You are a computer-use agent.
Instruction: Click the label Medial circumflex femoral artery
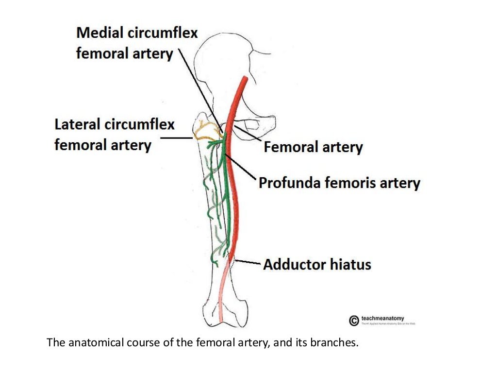[137, 43]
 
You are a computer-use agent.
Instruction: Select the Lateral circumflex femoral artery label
[114, 135]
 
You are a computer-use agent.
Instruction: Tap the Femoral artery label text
[313, 147]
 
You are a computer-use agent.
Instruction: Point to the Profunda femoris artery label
[339, 183]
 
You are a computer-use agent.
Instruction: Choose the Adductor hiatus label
[317, 265]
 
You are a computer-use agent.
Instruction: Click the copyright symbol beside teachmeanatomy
[354, 320]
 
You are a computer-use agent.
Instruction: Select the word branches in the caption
[336, 343]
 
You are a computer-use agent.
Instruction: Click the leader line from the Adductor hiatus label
[248, 263]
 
